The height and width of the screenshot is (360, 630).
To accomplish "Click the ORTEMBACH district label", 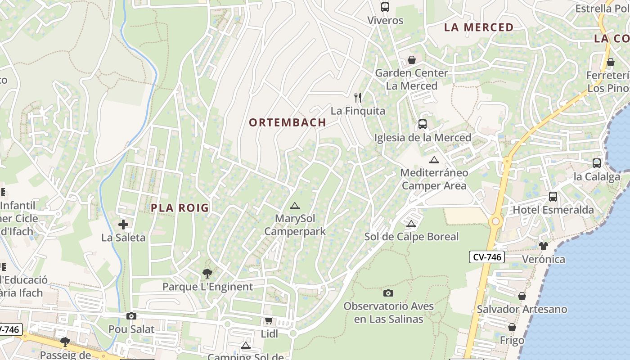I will (x=287, y=122).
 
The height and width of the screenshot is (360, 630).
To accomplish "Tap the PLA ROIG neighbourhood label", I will (x=180, y=208).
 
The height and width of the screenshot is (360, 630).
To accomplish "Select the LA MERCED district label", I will (x=479, y=27).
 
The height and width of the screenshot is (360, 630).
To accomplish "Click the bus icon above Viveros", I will (x=385, y=7).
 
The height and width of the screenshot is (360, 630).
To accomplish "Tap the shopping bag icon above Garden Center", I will (x=411, y=60).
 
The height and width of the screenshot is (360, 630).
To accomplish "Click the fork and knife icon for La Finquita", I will (x=358, y=97).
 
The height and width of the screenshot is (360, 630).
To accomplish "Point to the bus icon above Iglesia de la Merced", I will (x=422, y=124).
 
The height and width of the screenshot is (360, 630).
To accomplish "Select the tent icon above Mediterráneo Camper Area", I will (x=434, y=160).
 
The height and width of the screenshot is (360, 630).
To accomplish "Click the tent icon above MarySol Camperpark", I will (x=295, y=206).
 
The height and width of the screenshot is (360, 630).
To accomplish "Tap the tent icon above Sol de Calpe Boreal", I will (x=411, y=224).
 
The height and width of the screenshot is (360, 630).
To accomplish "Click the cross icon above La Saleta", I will (x=123, y=224).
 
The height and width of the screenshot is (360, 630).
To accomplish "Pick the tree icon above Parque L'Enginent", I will (x=207, y=273).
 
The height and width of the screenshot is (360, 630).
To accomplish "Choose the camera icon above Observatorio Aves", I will (x=388, y=293).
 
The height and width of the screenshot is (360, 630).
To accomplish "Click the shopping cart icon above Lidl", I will (x=269, y=321).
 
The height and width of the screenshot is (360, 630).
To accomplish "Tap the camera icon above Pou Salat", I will (x=131, y=316).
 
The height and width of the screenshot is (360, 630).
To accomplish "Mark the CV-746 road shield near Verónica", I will (x=486, y=257).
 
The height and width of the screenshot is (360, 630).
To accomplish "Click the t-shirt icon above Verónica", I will (x=544, y=246).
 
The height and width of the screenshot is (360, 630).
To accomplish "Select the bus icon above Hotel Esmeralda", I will (x=553, y=197).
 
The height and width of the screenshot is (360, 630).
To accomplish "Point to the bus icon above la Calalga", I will (x=596, y=163).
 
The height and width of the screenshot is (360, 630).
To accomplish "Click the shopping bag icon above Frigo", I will (x=512, y=327).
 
